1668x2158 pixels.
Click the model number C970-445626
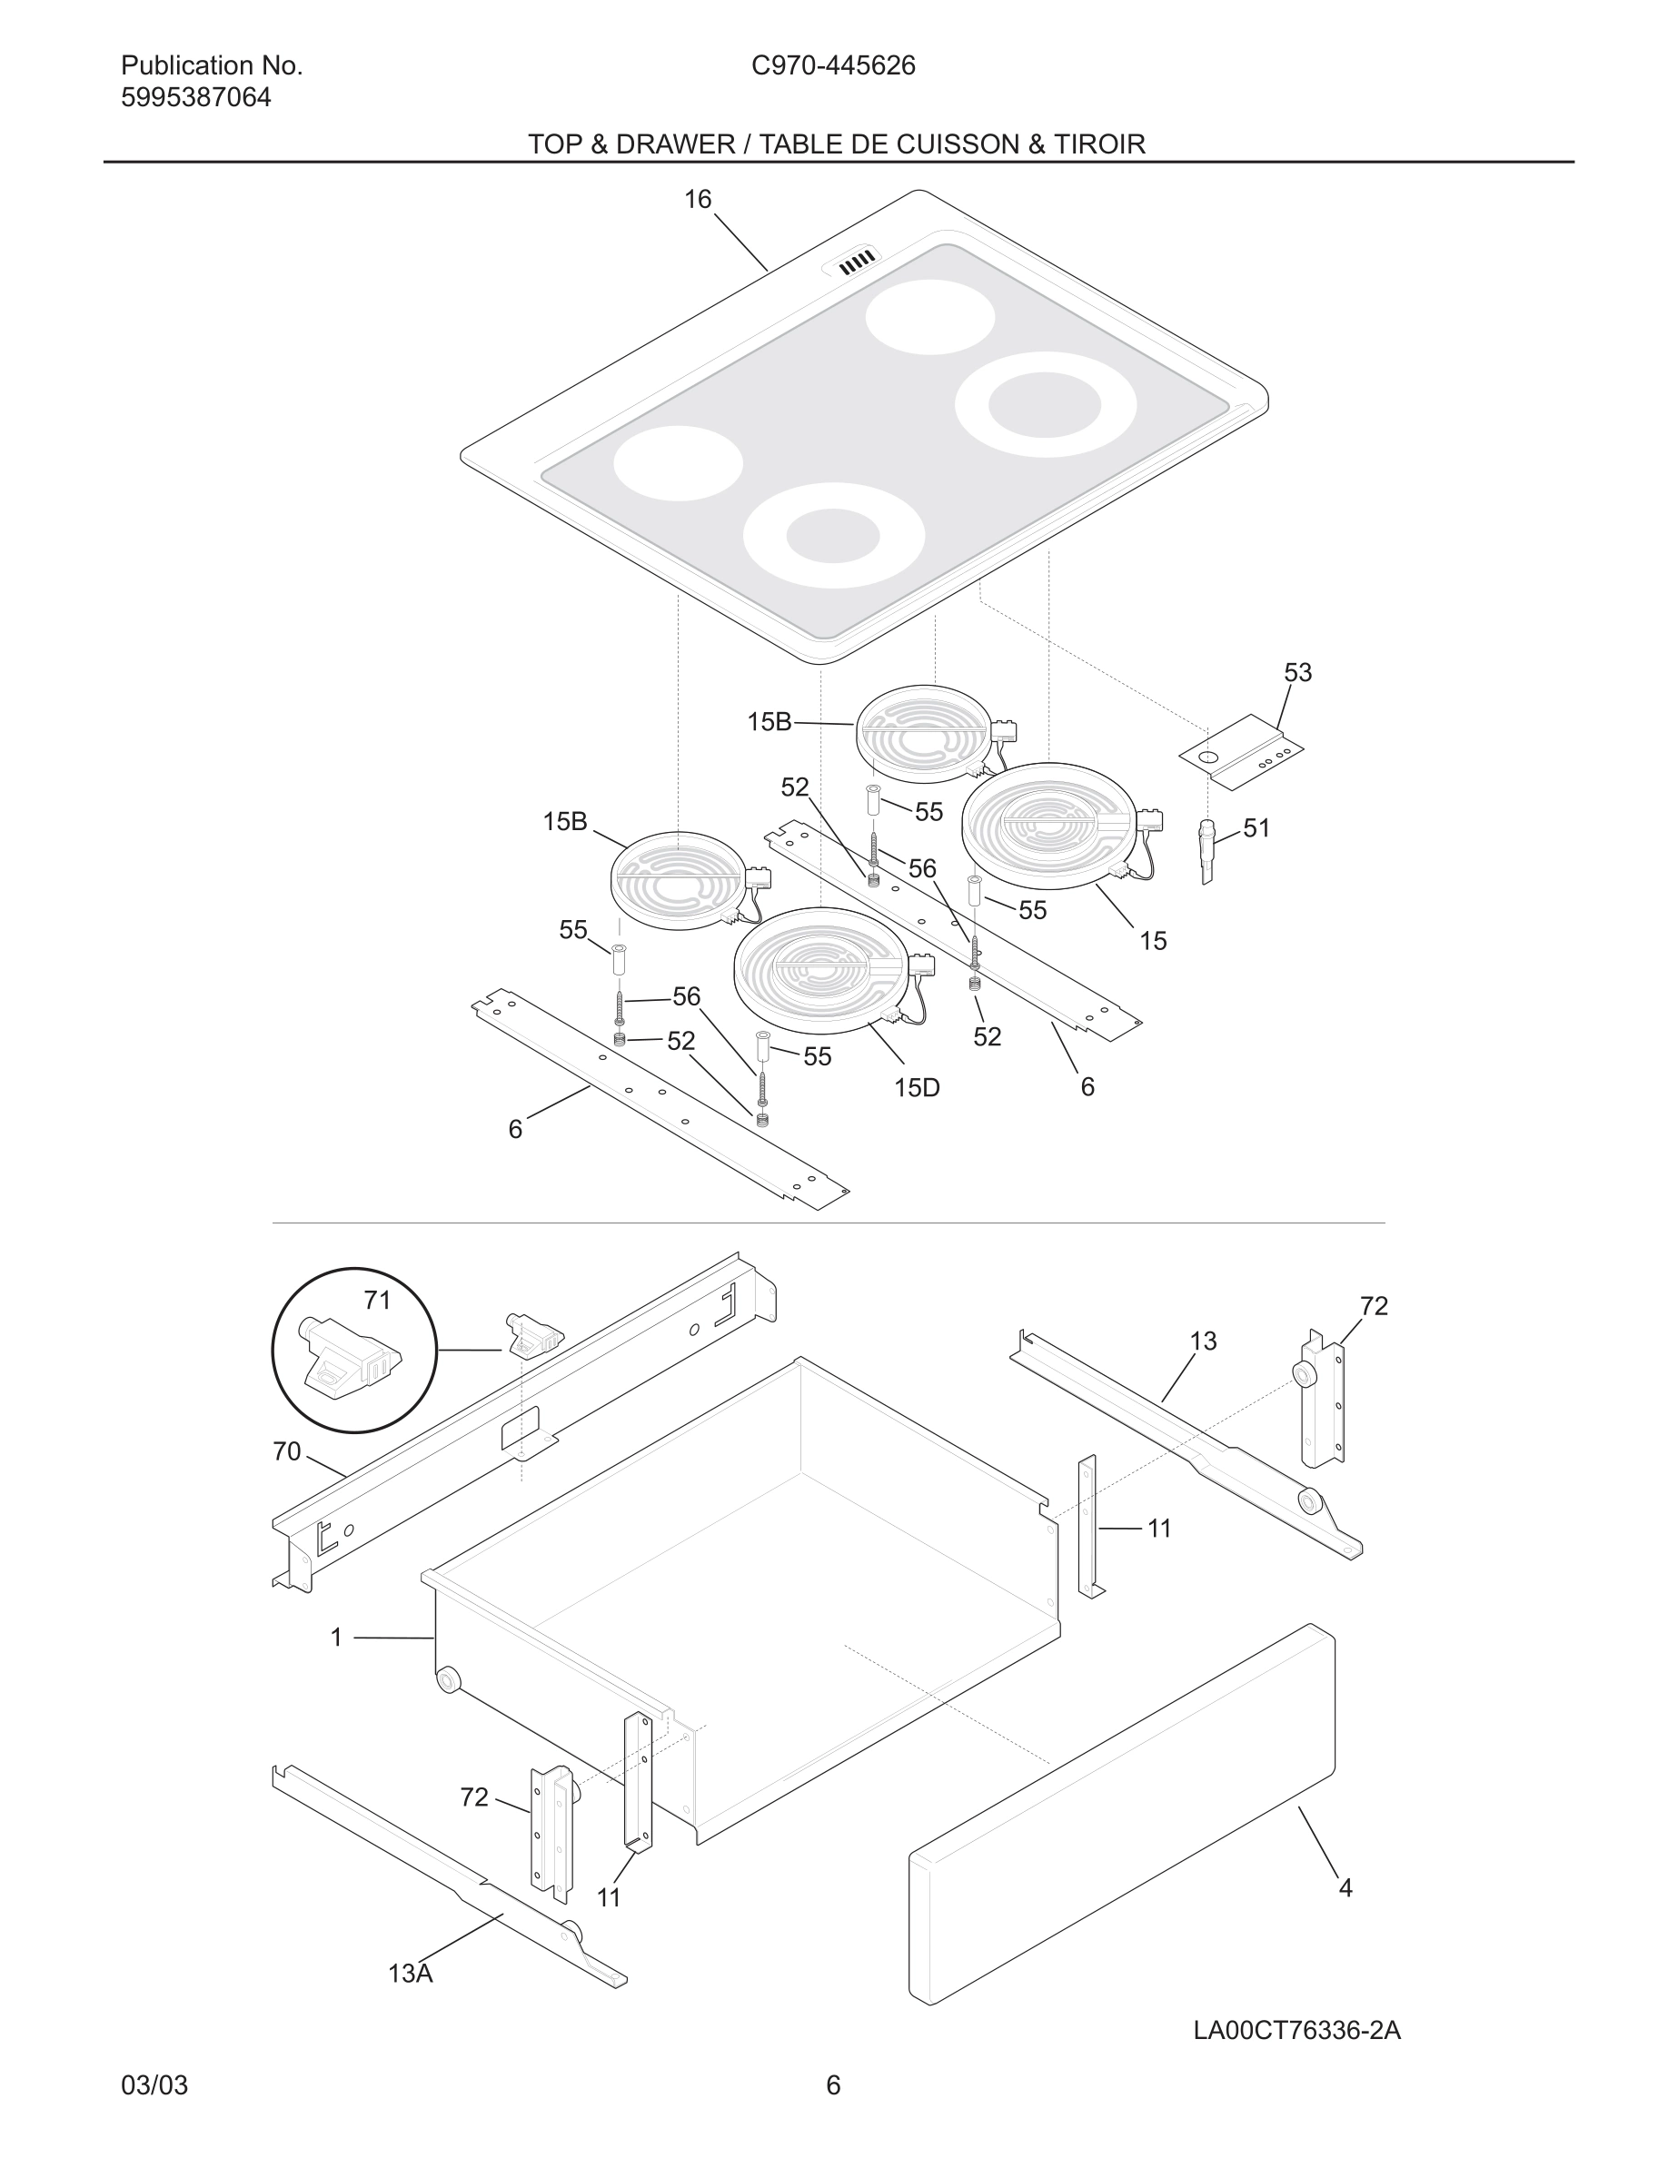[x=833, y=65]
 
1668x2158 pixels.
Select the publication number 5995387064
[x=195, y=98]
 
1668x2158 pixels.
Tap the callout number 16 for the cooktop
[x=698, y=200]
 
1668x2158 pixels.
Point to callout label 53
[x=1297, y=672]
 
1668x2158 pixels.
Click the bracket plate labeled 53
[x=1241, y=752]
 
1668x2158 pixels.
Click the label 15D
[x=916, y=1088]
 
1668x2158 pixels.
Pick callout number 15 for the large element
[x=1153, y=941]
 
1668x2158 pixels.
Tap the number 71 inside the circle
[x=377, y=1301]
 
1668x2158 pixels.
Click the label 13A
[x=410, y=1974]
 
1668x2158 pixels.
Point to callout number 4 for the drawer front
[x=1345, y=1887]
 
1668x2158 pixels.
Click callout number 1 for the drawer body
[x=336, y=1638]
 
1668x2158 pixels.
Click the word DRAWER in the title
[x=675, y=144]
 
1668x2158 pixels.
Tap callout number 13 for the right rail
[x=1203, y=1341]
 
